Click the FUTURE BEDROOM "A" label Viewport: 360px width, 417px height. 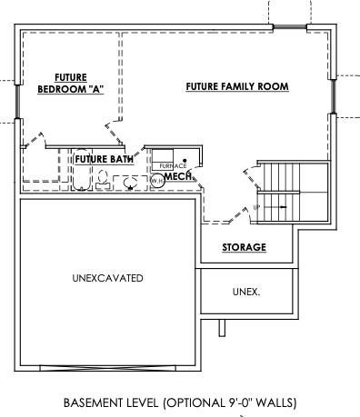tap(69, 84)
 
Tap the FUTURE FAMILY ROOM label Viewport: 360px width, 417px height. tap(237, 87)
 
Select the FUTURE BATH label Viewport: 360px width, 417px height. tap(105, 160)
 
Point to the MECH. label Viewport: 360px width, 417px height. tap(177, 176)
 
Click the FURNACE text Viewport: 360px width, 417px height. tap(173, 165)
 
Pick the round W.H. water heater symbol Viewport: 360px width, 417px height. tap(156, 181)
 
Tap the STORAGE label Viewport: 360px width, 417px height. tap(245, 247)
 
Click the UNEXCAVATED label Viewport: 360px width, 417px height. tap(107, 278)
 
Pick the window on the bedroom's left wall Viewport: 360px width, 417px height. tap(16, 99)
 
